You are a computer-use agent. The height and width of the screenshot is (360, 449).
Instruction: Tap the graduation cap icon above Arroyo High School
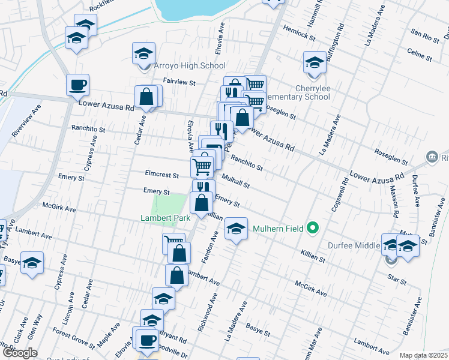coord(144,53)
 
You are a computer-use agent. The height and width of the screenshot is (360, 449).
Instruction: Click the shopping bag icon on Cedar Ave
coord(147,96)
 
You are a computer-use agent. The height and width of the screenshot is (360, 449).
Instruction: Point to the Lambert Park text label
coord(164,218)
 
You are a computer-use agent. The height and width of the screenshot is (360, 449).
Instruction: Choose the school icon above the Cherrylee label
coord(314,62)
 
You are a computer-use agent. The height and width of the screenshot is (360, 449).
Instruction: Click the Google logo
coord(20,353)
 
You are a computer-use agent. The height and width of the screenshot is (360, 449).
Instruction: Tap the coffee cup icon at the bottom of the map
coord(147,341)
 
